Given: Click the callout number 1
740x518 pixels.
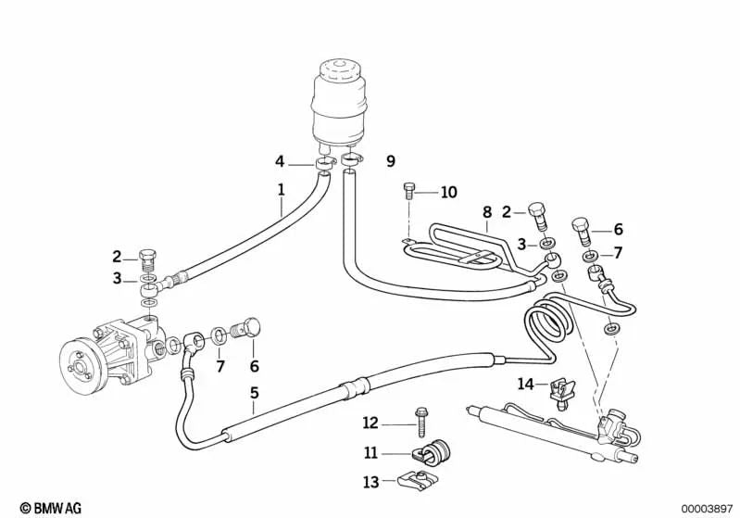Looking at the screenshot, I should pos(280,193).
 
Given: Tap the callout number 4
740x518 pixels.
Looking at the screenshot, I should pos(280,161).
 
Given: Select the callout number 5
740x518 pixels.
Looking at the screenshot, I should pos(254,393).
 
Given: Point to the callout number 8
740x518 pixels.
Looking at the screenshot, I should pos(485,212).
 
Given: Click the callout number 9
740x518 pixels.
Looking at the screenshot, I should pos(390,161).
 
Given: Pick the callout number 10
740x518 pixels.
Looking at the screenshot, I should pos(448,193).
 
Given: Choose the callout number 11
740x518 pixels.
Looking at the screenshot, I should pos(370,454).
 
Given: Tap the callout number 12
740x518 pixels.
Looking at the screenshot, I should pos(370,423).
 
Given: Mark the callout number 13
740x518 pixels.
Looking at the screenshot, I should pos(370,482).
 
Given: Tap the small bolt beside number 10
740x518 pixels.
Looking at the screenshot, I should pos(410,193).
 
